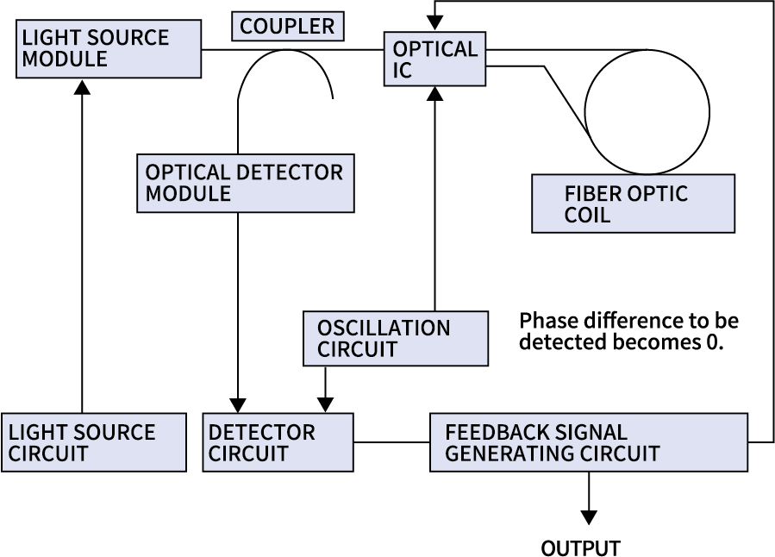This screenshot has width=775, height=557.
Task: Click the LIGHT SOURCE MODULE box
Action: point(109,49)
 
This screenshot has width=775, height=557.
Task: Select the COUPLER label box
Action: point(288,26)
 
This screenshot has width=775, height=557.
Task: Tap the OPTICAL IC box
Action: point(434,59)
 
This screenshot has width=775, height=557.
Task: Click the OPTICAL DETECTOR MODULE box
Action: point(245,183)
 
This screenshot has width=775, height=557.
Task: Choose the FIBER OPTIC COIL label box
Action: point(633,203)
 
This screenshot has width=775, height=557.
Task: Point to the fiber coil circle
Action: point(647,111)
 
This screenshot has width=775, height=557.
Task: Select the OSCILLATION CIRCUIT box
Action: point(396,339)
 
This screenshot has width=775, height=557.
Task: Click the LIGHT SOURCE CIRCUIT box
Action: point(93,442)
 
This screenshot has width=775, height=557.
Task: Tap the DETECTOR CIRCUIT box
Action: point(278,442)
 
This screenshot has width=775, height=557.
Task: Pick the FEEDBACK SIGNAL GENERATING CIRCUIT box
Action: point(588,442)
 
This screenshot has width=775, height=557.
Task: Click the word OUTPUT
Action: point(580,548)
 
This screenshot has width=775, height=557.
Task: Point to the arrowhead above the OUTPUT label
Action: point(589,517)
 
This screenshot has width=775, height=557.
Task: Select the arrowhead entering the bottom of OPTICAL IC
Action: point(435,94)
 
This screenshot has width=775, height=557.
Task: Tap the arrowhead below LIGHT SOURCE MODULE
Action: point(83,86)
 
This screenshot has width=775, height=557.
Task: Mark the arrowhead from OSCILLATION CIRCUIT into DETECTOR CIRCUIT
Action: point(325,404)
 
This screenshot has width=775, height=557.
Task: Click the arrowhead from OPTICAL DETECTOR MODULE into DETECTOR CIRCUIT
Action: point(238,404)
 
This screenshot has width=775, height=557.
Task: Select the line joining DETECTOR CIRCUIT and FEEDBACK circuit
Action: point(391,443)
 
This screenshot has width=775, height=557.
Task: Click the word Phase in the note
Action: point(548,321)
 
